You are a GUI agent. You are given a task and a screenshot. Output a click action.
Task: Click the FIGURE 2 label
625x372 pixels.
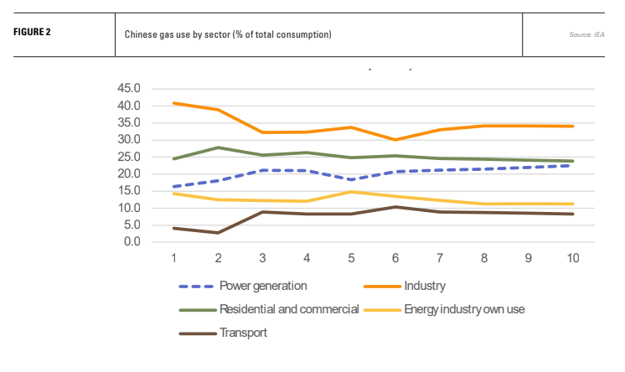click(x=33, y=34)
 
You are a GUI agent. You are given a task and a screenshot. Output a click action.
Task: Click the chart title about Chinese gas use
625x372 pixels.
click(x=228, y=34)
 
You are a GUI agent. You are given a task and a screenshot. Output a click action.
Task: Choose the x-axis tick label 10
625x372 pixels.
click(x=571, y=257)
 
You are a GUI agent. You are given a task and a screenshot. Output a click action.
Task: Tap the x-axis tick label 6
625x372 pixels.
click(x=395, y=257)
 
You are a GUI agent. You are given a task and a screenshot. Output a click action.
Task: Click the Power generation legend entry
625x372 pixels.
click(x=259, y=286)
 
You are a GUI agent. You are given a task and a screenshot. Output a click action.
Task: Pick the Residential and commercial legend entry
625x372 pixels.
click(x=289, y=309)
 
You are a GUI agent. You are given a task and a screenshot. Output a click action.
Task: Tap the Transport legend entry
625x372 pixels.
click(x=243, y=333)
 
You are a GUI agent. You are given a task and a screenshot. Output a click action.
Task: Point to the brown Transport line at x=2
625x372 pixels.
click(x=219, y=233)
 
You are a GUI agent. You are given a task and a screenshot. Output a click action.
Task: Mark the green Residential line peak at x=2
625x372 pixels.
click(x=219, y=147)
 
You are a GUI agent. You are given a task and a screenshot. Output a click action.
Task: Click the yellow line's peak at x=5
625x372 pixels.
click(x=351, y=192)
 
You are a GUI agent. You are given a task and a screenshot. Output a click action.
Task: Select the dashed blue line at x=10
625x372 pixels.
click(x=571, y=166)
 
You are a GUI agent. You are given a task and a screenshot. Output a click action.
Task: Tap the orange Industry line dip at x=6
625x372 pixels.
click(x=395, y=140)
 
